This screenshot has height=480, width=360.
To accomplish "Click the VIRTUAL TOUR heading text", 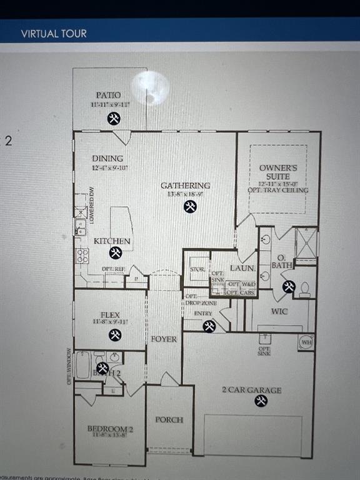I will pos(54,34).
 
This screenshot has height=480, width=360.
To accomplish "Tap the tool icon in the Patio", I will pos(113,119).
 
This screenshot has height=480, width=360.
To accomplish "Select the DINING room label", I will pos(107,159).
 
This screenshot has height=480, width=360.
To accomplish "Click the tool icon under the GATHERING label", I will pos(190,207).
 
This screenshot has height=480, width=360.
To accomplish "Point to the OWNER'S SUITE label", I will pos(278,172).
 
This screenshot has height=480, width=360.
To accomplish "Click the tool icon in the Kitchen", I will pos(115,252).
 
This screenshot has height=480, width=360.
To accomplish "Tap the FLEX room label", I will pos(111,314).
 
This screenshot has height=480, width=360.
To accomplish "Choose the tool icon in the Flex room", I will pos(115,335).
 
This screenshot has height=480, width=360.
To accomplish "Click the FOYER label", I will pos(164,339).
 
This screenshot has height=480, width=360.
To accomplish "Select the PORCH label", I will pos(169,419).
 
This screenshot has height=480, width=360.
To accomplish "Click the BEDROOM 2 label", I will pos(110,429).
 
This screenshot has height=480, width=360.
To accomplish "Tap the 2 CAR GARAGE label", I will pos(251,390).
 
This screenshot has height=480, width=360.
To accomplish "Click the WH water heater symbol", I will pos(306,342).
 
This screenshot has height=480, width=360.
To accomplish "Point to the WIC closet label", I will pos(279,311).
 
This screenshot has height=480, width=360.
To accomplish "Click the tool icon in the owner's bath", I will pos(288,286).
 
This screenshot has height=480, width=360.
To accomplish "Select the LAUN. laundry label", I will pos(242,268).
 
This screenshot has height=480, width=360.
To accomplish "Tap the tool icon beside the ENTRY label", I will pos(209,326).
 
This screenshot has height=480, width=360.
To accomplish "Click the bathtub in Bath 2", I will pos(82,365).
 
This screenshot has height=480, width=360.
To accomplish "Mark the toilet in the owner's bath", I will pos(305,288).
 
